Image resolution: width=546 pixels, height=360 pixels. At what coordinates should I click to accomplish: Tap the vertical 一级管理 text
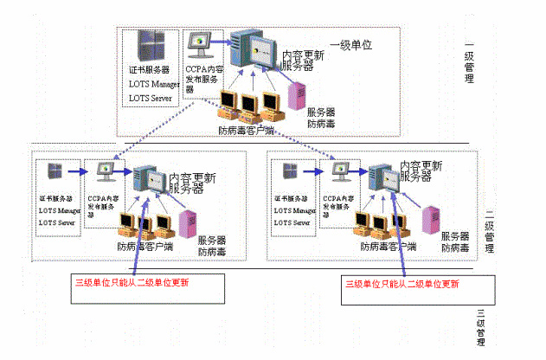pyautogui.click(x=470, y=61)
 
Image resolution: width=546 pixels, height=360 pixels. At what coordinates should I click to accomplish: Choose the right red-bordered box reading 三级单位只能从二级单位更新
pyautogui.click(x=402, y=283)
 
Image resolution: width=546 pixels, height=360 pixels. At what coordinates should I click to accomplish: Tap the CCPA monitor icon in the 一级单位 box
pyautogui.click(x=199, y=42)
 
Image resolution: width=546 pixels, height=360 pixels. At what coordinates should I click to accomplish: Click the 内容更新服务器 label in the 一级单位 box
pyautogui.click(x=303, y=60)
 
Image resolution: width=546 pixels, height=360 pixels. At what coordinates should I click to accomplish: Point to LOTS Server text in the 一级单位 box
pyautogui.click(x=151, y=99)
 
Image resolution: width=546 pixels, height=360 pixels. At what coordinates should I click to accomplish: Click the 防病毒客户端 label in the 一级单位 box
pyautogui.click(x=246, y=130)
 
